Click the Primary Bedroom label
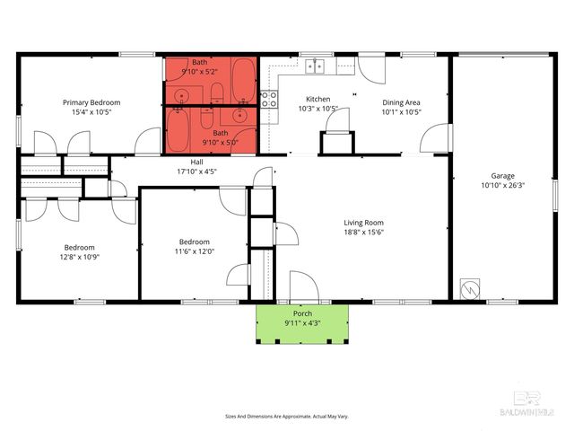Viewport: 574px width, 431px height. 91,102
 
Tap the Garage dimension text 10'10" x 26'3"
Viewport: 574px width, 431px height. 502,186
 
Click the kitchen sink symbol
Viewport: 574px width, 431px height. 315,66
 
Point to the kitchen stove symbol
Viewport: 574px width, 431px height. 268,99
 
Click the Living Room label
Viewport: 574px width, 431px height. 364,223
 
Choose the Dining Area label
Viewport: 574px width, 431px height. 401,102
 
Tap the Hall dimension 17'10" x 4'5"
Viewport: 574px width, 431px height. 196,171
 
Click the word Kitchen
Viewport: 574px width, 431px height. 318,99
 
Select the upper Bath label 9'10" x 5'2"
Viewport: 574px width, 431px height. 199,71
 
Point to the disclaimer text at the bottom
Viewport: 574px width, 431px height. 287,416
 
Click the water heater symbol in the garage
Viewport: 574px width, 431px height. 470,291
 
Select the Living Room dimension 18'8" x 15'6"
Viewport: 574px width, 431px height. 364,233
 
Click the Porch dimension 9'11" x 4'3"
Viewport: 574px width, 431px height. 302,322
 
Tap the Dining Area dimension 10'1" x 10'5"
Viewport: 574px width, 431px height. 401,112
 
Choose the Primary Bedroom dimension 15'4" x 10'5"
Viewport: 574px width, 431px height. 91,112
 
